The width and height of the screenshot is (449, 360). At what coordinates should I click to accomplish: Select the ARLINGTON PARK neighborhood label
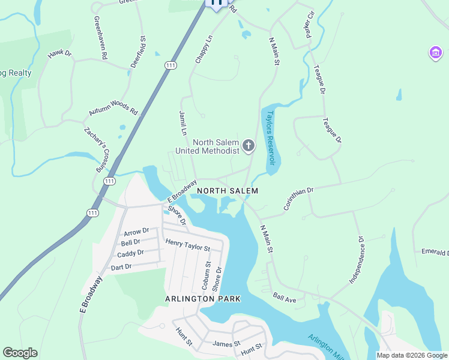(x=203, y=298)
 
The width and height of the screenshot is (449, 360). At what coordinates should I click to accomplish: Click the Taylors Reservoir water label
(x=271, y=138)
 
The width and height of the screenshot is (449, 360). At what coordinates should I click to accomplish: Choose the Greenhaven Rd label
(x=100, y=37)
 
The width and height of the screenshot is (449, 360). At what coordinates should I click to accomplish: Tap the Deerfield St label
(x=139, y=56)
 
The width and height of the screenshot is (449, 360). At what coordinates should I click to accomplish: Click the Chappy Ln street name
(x=204, y=49)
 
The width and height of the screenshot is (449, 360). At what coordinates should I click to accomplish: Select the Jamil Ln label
(x=182, y=122)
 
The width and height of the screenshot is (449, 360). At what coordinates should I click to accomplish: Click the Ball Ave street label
(x=285, y=296)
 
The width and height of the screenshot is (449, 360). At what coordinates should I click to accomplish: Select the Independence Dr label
(x=357, y=259)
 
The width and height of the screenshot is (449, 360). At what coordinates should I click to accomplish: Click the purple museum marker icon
(x=435, y=53)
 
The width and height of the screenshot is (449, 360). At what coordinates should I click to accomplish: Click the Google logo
(x=20, y=353)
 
